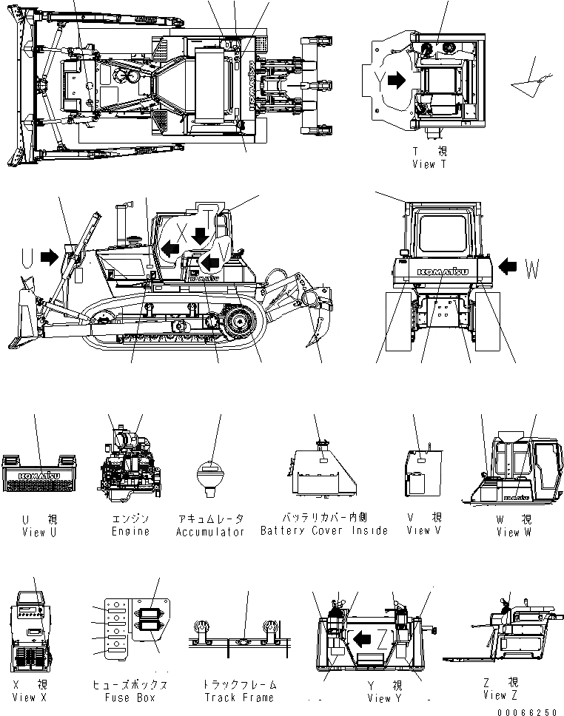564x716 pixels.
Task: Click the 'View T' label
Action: (x=429, y=164)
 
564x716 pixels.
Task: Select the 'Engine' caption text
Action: (x=131, y=531)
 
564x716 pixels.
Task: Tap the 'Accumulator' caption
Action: (x=210, y=532)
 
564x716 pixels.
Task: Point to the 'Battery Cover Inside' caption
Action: (x=324, y=530)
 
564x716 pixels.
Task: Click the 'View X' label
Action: (x=34, y=698)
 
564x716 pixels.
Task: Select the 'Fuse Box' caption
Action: (x=128, y=698)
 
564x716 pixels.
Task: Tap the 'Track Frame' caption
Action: (x=238, y=698)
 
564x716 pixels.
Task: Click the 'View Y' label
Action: (x=385, y=698)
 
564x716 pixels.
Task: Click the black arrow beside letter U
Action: (x=50, y=257)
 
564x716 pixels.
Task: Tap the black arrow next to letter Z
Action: (x=362, y=638)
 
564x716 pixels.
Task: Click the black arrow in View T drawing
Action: (x=397, y=80)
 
